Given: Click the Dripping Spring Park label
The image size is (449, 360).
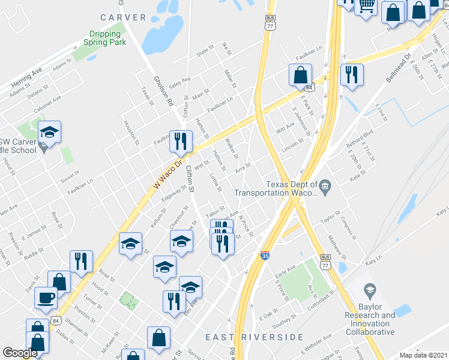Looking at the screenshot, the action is tap(107, 38).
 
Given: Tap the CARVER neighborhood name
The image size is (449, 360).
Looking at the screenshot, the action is tap(124, 17).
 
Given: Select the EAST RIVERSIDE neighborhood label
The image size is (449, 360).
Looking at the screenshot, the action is tap(255, 337).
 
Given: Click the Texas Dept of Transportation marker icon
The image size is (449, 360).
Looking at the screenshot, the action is tap(325, 185).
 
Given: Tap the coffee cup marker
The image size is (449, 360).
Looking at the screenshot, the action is tap(46, 297).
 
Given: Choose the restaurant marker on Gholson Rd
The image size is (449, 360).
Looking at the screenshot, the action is tap(181, 142).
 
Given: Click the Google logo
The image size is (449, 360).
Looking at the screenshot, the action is tap(20, 353).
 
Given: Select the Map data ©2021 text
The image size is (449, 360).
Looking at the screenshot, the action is tap(424, 355).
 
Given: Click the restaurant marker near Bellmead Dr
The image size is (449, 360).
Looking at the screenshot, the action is tap(350, 74).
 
